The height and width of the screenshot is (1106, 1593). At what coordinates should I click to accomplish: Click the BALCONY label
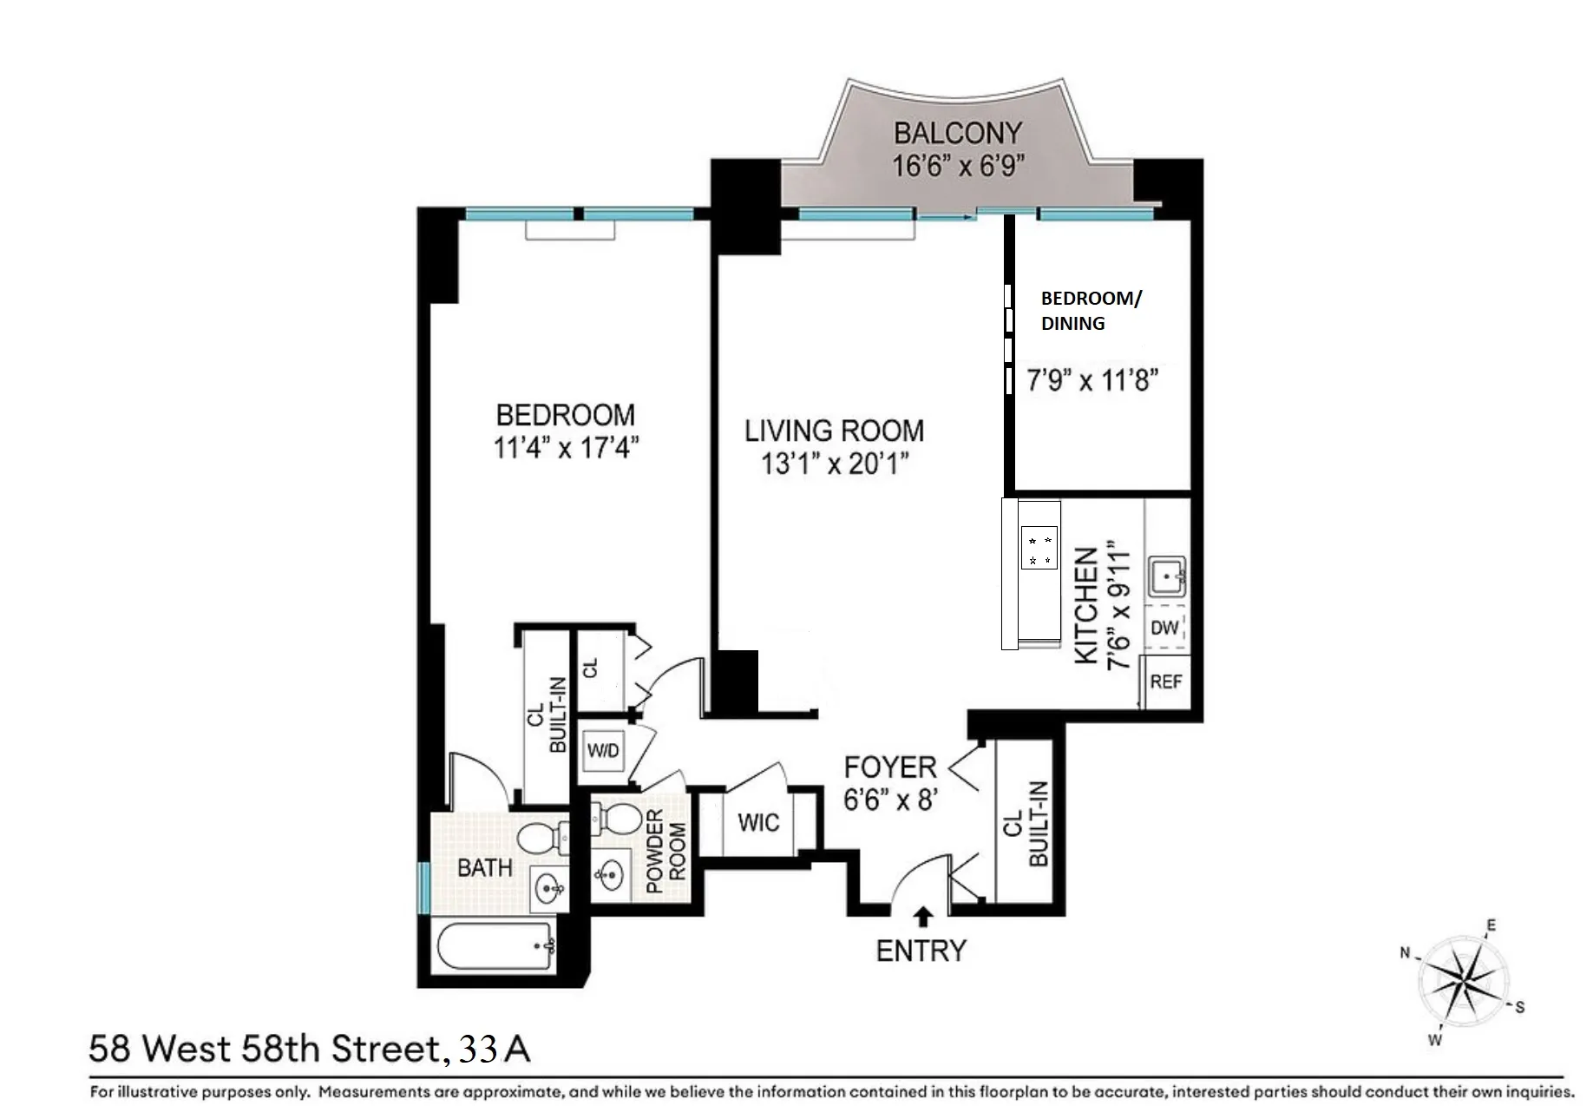958,133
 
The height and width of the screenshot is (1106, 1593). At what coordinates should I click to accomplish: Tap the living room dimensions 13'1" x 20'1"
834,464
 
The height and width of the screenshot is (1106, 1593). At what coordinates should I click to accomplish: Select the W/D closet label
603,750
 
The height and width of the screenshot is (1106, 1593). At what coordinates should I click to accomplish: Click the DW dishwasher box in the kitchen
1164,627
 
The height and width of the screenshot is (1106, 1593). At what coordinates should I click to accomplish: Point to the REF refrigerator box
1165,682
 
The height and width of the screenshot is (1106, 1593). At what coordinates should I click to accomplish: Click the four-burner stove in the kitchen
1039,549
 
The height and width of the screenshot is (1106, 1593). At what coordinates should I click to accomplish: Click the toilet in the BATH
539,839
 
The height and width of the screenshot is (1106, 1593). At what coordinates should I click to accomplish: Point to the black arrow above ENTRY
923,916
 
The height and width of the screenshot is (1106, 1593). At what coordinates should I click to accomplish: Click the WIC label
758,823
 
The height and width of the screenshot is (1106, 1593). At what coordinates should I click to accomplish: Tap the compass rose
1464,984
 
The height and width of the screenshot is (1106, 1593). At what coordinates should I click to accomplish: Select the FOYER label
890,767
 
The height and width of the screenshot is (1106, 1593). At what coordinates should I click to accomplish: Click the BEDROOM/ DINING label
1091,311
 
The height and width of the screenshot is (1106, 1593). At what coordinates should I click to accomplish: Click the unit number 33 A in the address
495,1050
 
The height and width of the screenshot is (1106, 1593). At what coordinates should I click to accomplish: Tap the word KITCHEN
1087,605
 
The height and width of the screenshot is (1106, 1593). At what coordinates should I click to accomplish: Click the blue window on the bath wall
423,887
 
